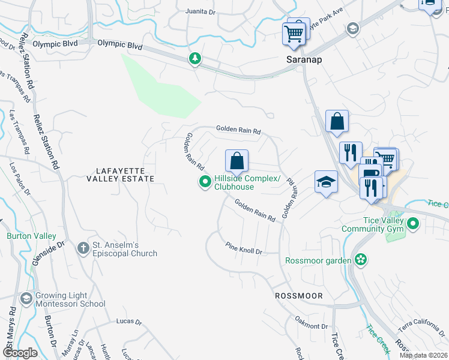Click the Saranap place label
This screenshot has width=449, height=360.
click(x=300, y=61)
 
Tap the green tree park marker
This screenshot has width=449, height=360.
click(x=194, y=58)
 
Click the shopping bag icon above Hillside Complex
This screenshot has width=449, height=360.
click(x=237, y=160)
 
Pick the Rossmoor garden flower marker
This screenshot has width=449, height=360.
click(x=360, y=259)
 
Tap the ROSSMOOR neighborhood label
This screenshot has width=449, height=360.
click(x=299, y=296)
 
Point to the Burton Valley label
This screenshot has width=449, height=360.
click(x=28, y=236)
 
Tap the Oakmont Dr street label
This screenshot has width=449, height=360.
click(x=312, y=326)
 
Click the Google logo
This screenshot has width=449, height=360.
click(x=20, y=353)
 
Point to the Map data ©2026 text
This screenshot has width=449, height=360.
click(x=424, y=355)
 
